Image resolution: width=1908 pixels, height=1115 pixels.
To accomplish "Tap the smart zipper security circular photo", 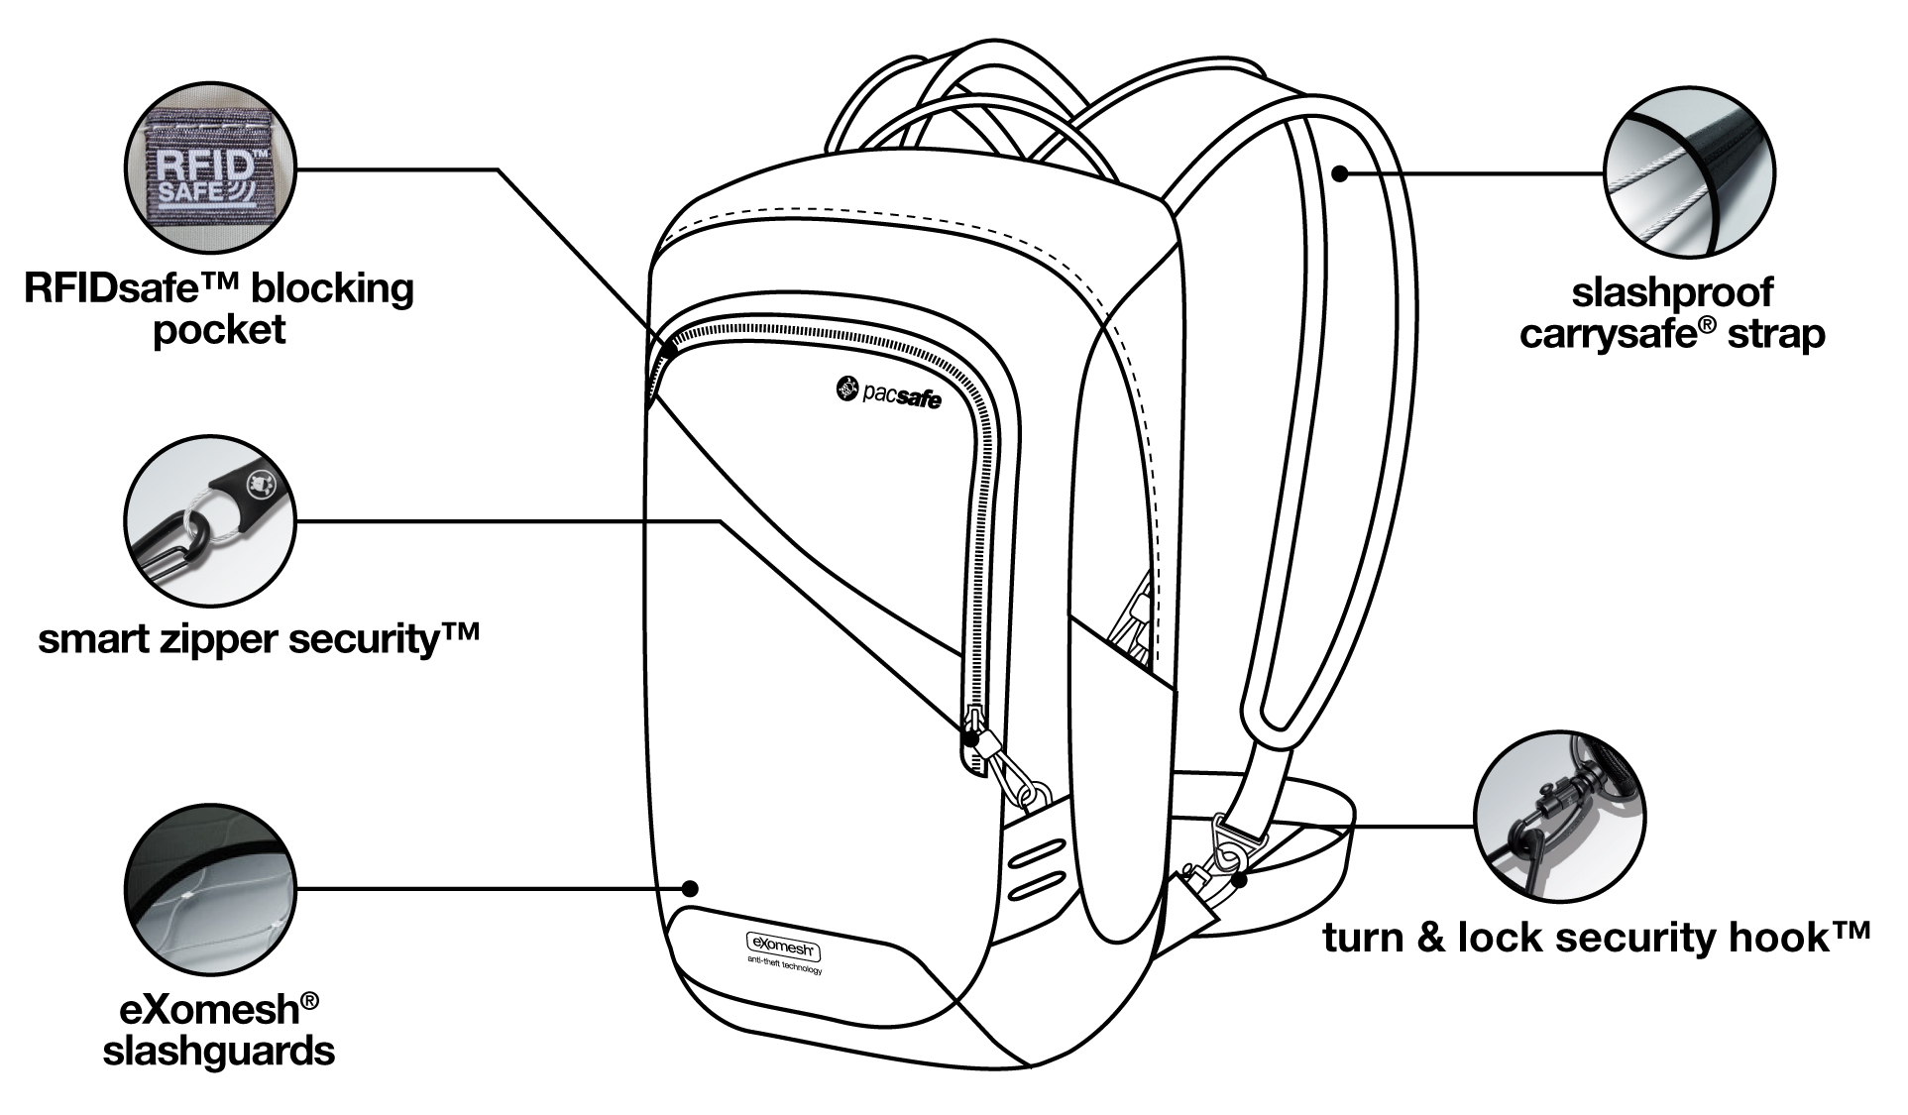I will coord(211,524).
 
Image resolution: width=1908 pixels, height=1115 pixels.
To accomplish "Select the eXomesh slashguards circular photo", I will coord(211,888).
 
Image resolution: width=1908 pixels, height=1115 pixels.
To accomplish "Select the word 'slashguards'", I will coord(219,1052).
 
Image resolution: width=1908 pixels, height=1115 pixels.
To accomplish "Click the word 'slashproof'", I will coord(1672,293).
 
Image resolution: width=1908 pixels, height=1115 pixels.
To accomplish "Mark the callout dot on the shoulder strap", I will coord(1339,174).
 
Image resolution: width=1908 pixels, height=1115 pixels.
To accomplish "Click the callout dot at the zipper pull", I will coord(971,738).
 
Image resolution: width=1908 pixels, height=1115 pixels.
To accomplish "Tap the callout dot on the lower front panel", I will coord(693,888).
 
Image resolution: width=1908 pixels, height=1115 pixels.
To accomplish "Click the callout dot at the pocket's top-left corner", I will coord(670,349).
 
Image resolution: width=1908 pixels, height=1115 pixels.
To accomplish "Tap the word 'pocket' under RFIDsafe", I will coord(219,330).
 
